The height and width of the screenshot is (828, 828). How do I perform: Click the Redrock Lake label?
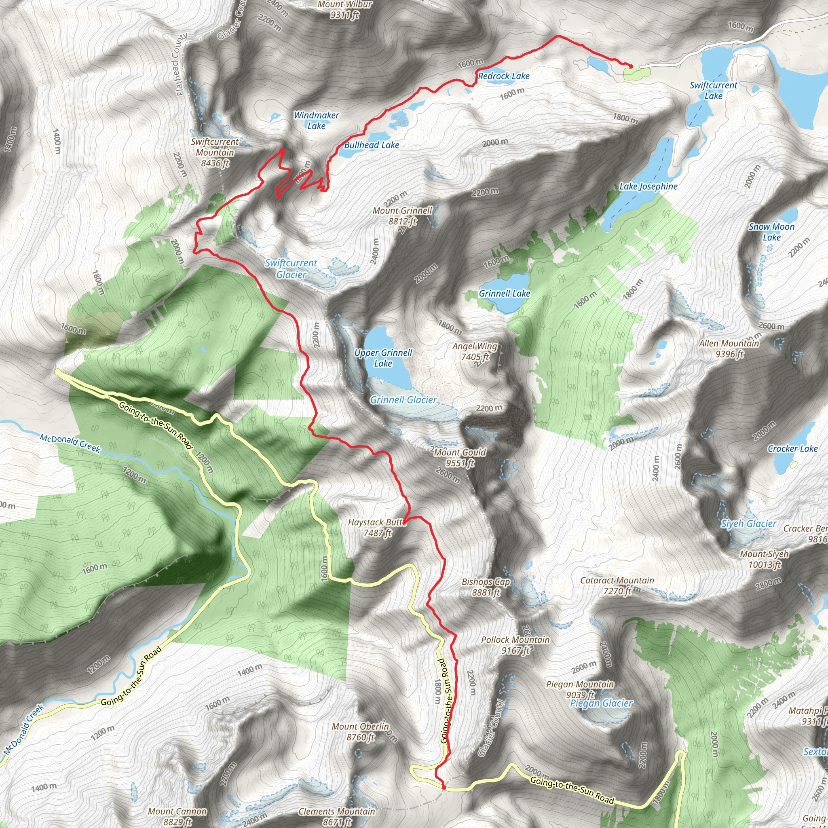pyautogui.click(x=504, y=76)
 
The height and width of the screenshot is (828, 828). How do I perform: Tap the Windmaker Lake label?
pyautogui.click(x=316, y=120)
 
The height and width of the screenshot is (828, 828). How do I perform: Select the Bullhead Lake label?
pyautogui.click(x=372, y=145)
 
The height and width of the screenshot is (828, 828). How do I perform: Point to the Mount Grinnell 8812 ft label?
pyautogui.click(x=402, y=216)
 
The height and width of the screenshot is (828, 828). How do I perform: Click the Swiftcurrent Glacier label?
pyautogui.click(x=291, y=269)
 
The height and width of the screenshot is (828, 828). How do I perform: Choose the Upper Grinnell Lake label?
pyautogui.click(x=383, y=358)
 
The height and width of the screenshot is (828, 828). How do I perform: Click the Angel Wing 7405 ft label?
pyautogui.click(x=475, y=351)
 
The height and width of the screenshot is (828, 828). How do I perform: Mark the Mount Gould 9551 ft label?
pyautogui.click(x=460, y=458)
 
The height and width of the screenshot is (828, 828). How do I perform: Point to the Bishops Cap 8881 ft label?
pyautogui.click(x=486, y=587)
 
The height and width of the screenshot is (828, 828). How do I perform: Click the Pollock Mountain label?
pyautogui.click(x=515, y=640)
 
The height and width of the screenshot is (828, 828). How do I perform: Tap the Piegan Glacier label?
pyautogui.click(x=601, y=703)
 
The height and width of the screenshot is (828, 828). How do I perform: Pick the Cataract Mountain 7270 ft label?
pyautogui.click(x=617, y=586)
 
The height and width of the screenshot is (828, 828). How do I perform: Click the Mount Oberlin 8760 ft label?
pyautogui.click(x=360, y=731)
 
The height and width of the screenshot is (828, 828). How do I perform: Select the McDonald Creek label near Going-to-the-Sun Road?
pyautogui.click(x=70, y=443)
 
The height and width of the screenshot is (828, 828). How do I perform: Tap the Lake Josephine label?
pyautogui.click(x=648, y=186)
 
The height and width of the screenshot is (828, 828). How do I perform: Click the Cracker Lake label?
pyautogui.click(x=792, y=449)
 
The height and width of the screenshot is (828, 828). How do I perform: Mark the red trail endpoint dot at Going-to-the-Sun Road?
pyautogui.click(x=444, y=787)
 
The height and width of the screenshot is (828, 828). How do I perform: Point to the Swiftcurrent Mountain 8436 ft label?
pyautogui.click(x=215, y=152)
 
